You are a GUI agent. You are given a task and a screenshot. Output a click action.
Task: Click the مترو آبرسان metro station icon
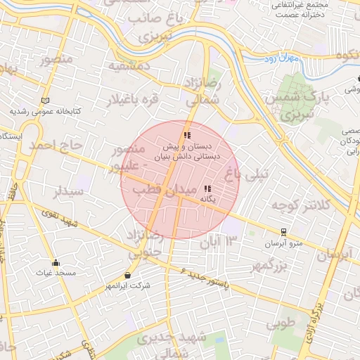(x=283, y=231)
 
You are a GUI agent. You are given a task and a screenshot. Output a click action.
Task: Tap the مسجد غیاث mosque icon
(x=56, y=263)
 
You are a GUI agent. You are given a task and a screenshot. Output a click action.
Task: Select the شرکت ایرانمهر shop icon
(x=127, y=275)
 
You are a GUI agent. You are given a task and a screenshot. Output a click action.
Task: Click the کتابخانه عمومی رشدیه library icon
(x=46, y=101)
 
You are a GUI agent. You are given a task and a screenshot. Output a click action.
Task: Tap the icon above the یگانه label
(x=207, y=188)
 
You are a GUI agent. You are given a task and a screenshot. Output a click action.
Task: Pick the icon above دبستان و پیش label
(x=186, y=135)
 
